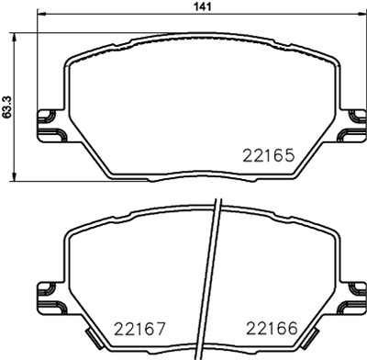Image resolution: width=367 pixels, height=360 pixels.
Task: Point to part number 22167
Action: (x=137, y=328)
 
